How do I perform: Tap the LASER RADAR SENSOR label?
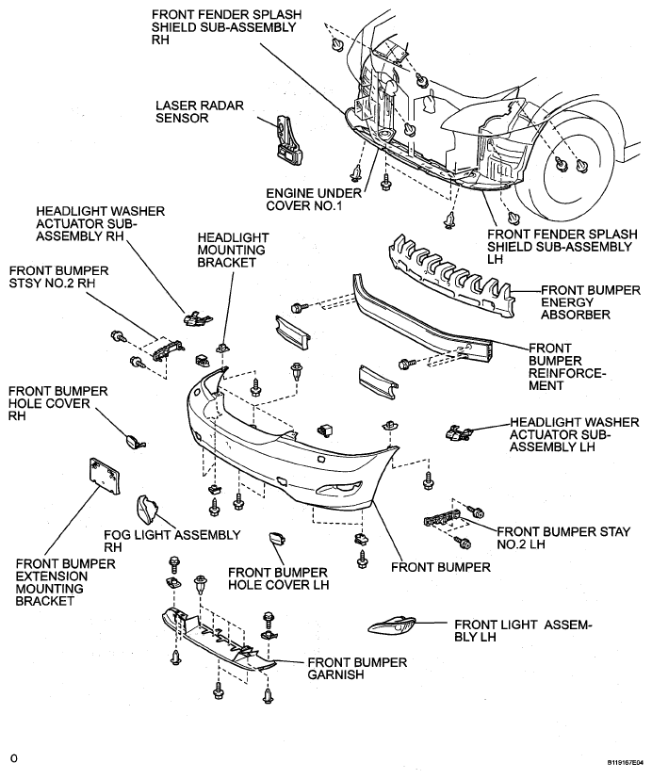(x=200, y=112)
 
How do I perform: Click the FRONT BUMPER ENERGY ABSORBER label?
(x=591, y=302)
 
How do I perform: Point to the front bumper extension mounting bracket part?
(x=104, y=476)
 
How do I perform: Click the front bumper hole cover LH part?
(x=276, y=539)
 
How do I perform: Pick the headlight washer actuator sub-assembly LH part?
(x=458, y=432)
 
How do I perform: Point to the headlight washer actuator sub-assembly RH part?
(x=198, y=318)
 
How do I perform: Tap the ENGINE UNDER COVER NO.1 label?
(x=314, y=199)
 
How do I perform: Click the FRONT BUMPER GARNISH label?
(x=357, y=668)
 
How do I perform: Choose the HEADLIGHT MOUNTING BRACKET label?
(x=233, y=250)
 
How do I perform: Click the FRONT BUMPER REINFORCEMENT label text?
(x=567, y=366)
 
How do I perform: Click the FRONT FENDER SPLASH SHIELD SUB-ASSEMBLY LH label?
(x=562, y=247)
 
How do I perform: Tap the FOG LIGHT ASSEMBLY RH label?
(x=171, y=541)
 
